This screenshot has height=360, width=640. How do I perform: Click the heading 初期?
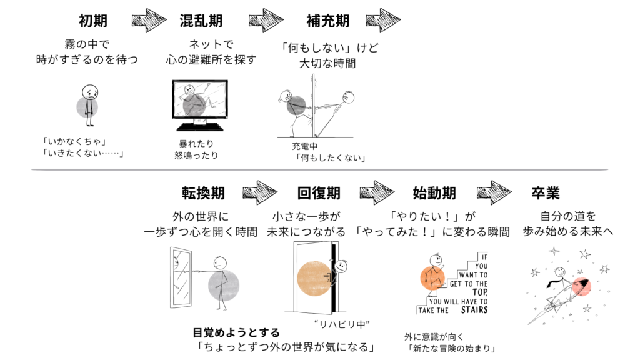point(93,21)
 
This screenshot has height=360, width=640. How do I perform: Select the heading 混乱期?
point(201,21)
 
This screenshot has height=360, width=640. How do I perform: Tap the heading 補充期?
point(328,21)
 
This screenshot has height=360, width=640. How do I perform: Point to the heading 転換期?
point(203,193)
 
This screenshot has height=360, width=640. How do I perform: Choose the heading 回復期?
point(319,193)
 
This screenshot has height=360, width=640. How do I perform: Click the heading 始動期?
point(434,193)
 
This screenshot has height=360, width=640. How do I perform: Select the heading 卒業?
point(546,193)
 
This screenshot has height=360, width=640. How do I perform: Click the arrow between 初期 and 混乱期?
point(149,21)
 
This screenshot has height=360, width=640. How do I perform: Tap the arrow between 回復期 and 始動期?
point(377,192)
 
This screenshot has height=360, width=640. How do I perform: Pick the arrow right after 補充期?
point(383,21)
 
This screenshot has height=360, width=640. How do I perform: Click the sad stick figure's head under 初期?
point(90,92)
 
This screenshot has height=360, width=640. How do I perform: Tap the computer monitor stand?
point(200,125)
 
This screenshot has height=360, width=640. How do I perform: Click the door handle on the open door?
point(327,277)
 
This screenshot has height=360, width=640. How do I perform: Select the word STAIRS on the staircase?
point(474,310)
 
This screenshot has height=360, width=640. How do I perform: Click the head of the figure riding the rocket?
point(559,272)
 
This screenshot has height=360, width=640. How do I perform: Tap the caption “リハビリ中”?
point(342,324)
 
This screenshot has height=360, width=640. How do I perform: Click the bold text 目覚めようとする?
point(236,332)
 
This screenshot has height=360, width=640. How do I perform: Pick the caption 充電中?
point(304,146)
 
